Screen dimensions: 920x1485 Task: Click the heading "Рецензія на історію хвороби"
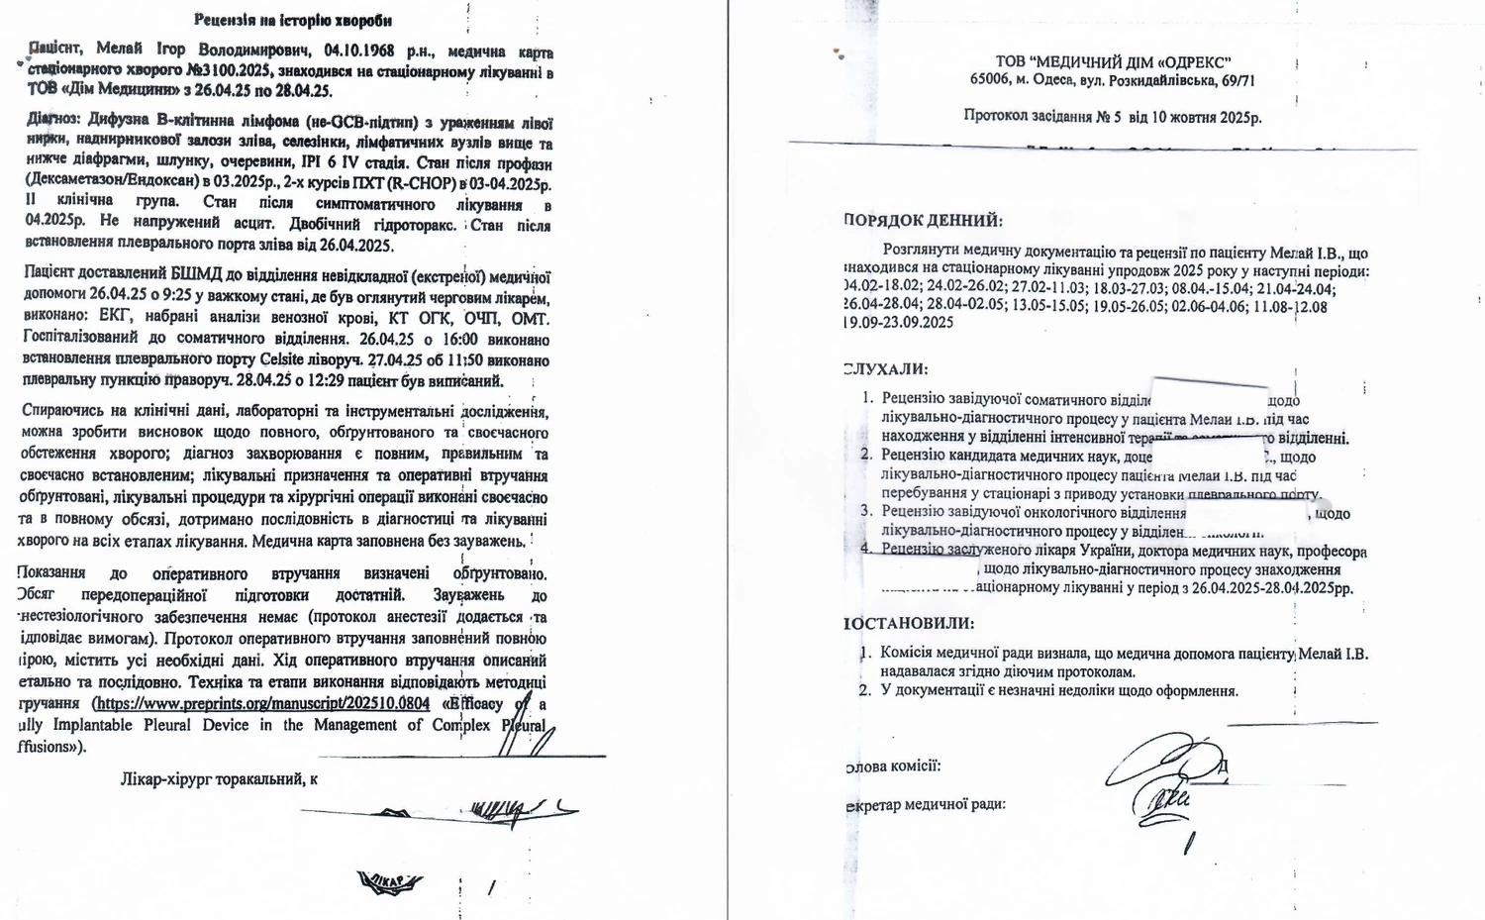point(292,20)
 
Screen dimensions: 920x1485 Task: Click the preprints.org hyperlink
point(261,703)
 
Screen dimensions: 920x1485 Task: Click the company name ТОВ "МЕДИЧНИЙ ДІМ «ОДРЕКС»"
point(1113,62)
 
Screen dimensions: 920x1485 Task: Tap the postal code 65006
point(990,81)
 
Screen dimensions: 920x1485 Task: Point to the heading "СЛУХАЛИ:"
point(886,369)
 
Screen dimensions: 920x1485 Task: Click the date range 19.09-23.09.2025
point(899,323)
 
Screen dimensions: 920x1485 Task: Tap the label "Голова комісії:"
point(893,766)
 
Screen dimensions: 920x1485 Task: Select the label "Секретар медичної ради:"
point(926,804)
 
